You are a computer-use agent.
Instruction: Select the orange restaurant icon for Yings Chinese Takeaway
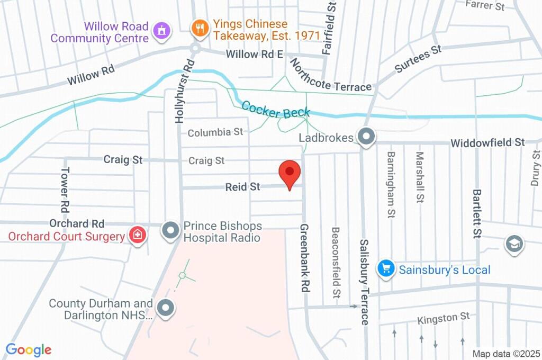coord(200,28)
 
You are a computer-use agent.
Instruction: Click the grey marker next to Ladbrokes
coord(365,137)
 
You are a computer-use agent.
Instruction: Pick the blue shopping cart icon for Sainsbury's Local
coord(386,269)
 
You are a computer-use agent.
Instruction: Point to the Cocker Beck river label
coord(275,112)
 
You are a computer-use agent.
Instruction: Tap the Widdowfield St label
coord(487,142)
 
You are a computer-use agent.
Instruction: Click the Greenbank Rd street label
coord(304,258)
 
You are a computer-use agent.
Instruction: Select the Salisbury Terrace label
coord(364,282)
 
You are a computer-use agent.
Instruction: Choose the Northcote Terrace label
coord(331,77)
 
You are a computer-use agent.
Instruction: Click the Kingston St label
coord(443,318)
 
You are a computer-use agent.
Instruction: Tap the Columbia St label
coord(215,132)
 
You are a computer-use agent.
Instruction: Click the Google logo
coord(29,350)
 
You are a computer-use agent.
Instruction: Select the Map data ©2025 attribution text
coord(506,354)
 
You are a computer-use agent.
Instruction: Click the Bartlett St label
coord(477,213)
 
